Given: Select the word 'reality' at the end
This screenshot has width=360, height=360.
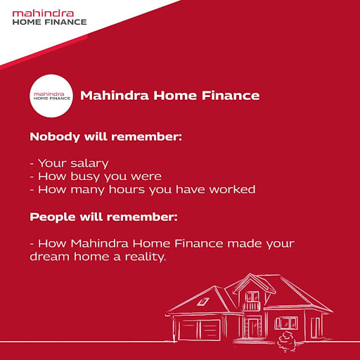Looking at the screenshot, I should click(x=143, y=257).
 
